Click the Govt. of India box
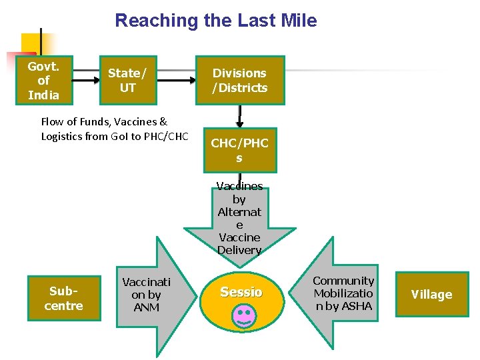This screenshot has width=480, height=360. pos(43,81)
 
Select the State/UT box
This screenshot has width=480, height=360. pos(127,81)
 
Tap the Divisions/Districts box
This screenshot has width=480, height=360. pos(239,81)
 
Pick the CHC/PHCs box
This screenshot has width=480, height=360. pos(239,151)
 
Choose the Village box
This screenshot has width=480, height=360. pos(431,295)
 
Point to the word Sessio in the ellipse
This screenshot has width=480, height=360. pos(241,292)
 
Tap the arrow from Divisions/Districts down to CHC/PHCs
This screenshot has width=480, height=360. pos(239,116)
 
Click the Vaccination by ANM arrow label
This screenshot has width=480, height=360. pos(146,295)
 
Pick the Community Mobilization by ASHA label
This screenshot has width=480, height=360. pos(343,293)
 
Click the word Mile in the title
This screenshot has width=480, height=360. pos(299,21)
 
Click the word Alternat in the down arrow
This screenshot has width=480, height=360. pos(239,212)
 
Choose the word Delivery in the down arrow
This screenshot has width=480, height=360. pos(239,250)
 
